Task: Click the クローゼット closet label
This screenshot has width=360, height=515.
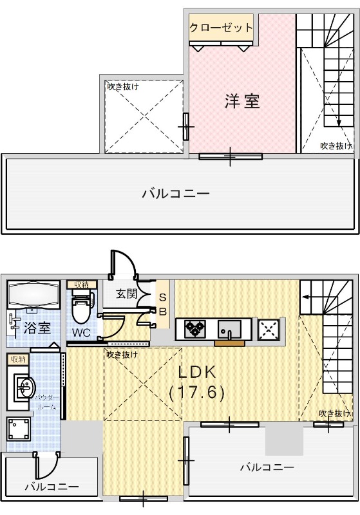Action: pos(221,28)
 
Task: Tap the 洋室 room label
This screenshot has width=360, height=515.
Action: pos(242,101)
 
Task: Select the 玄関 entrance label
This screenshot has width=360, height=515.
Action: pos(126,294)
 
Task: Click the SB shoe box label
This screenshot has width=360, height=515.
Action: pos(163,305)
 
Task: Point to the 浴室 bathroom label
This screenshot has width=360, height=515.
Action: pos(37,328)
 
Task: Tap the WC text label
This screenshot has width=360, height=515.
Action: pos(81,333)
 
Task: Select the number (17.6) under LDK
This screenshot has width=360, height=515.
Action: pos(196,392)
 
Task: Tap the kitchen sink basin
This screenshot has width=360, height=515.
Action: pos(229,330)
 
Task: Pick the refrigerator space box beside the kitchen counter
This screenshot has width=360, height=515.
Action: pos(267,330)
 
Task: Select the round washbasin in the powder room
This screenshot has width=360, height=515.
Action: pos(26,388)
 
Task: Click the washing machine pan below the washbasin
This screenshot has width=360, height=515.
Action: pos(17,429)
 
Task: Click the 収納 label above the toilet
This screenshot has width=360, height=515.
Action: pos(81,284)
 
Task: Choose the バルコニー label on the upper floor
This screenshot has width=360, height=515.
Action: pos(176,192)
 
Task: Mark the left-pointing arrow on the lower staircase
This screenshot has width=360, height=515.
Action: pos(308,297)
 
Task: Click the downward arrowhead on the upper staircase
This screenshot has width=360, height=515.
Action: pos(339,124)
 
